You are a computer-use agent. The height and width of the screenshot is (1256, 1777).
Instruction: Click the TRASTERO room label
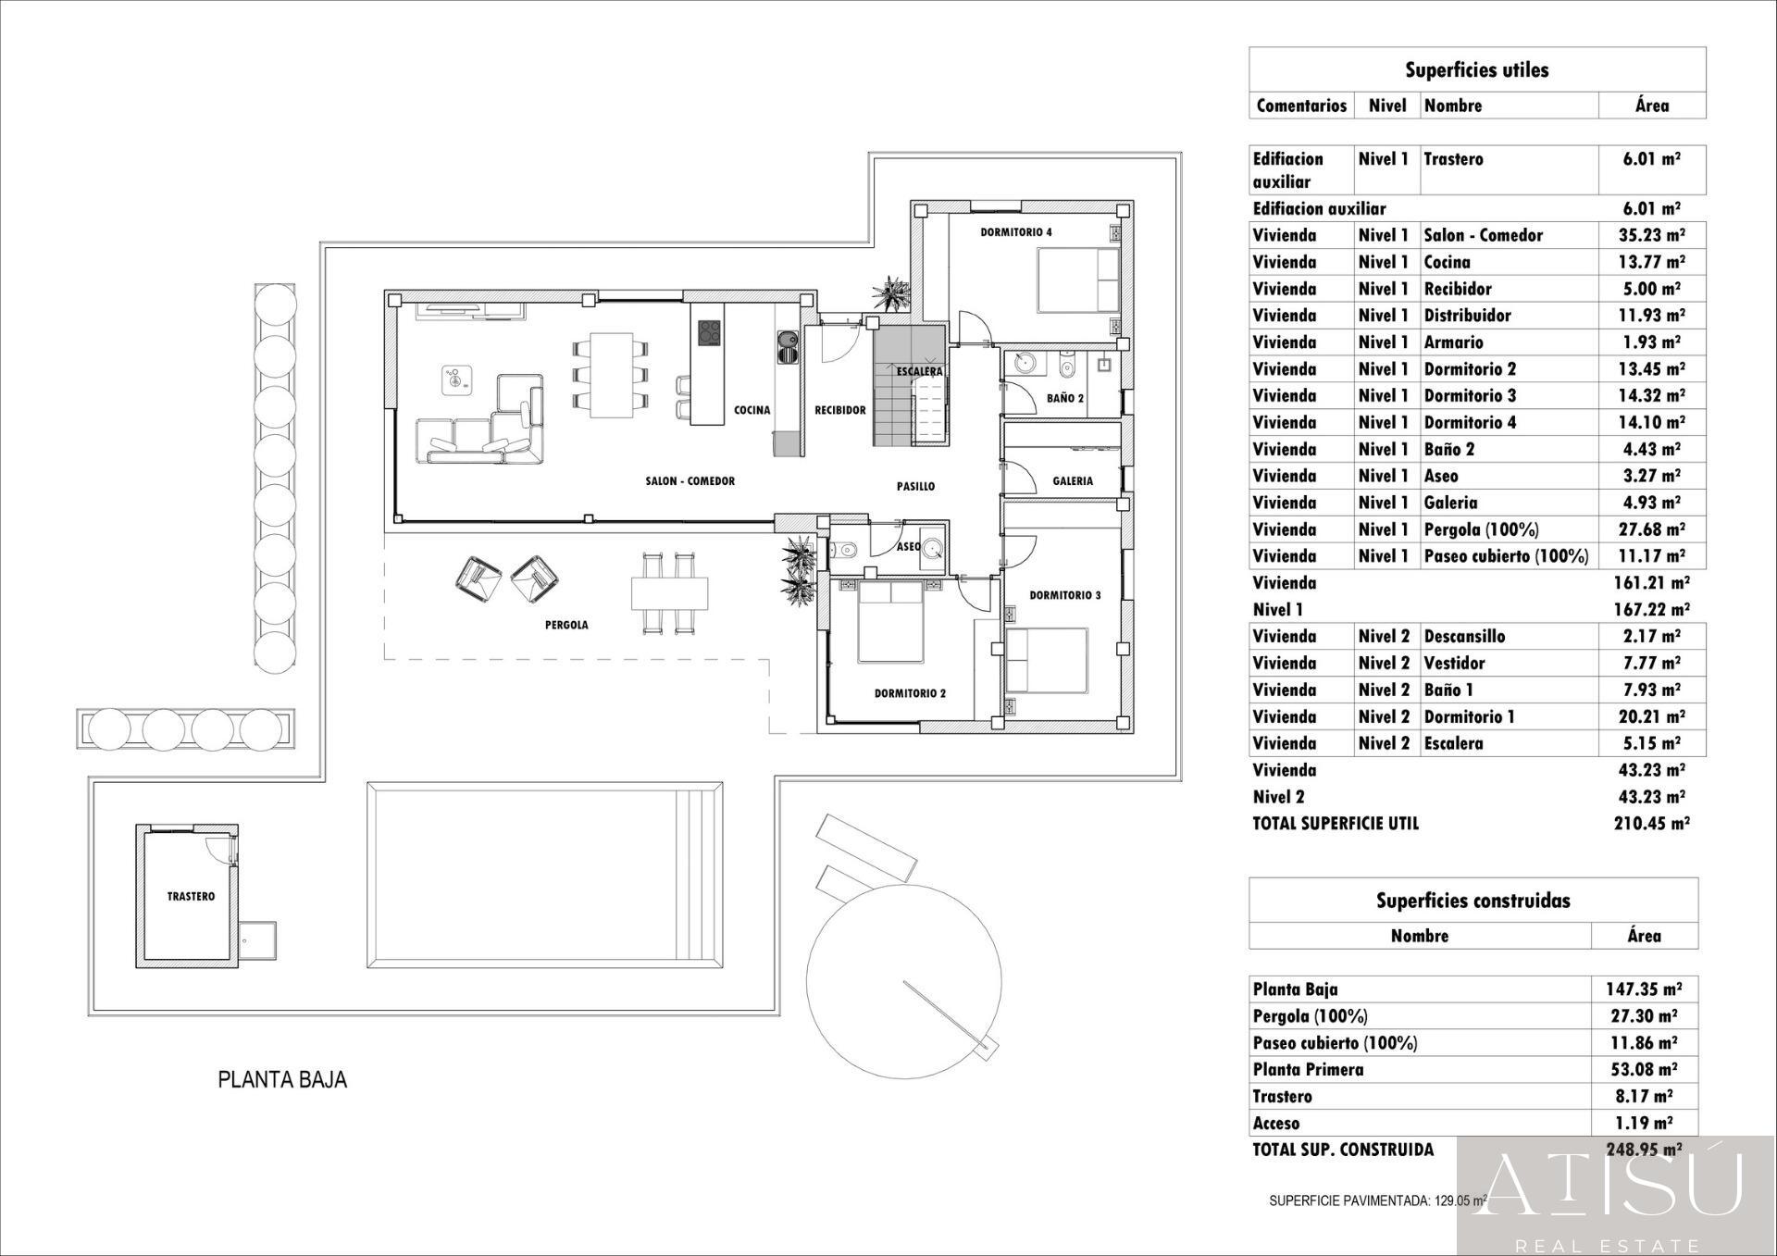point(191,896)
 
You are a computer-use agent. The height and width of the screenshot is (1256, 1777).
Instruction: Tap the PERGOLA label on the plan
point(566,625)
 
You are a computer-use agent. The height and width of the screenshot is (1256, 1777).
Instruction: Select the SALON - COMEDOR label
point(690,481)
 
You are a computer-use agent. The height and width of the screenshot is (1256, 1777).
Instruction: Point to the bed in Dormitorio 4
point(1077,280)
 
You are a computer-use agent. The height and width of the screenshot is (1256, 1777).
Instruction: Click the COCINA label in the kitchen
point(752,410)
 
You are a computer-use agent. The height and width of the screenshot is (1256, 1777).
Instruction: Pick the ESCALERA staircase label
point(919,371)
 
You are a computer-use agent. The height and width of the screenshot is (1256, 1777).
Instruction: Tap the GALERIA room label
point(1073,481)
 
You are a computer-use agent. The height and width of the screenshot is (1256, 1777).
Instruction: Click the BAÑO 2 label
point(1065,398)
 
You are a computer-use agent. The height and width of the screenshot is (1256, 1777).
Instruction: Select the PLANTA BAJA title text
point(282,1079)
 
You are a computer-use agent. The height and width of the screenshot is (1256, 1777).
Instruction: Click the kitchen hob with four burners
point(709,332)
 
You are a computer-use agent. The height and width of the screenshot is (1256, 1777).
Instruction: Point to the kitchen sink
point(787,347)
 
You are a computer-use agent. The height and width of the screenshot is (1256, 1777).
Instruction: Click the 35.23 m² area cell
point(1651,235)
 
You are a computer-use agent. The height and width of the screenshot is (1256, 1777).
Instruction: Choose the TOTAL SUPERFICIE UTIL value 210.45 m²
point(1651,824)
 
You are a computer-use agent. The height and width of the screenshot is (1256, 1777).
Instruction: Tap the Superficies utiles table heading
point(1476,70)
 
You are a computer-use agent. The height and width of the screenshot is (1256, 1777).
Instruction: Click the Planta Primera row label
point(1308,1070)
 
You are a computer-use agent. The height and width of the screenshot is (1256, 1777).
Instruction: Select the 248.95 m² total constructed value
point(1643,1150)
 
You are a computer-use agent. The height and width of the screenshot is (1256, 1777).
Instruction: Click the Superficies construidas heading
point(1473,901)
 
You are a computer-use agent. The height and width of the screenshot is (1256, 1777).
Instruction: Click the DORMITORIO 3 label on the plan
point(1065,595)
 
